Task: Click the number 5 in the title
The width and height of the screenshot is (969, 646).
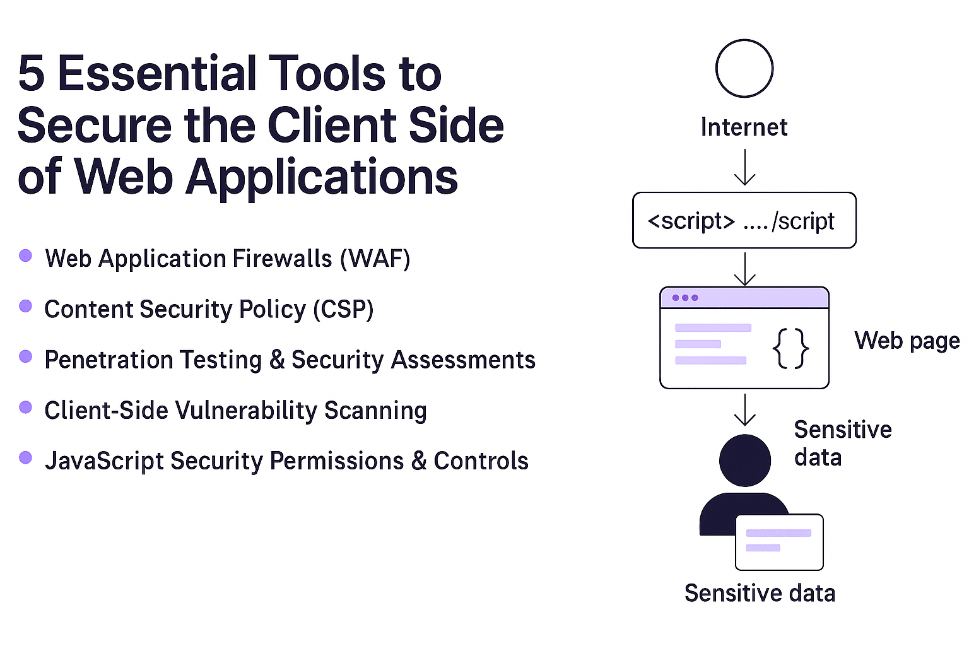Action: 32,74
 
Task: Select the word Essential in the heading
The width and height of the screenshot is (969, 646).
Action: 158,74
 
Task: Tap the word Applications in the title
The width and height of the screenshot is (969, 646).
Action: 322,177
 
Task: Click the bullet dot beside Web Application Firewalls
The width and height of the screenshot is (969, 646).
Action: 26,255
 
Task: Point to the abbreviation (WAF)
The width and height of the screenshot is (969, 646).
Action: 375,259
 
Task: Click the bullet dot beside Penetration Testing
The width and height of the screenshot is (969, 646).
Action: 26,356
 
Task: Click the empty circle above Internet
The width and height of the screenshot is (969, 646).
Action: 744,69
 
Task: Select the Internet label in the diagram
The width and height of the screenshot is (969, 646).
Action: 744,127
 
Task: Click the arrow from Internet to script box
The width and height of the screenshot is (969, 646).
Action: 745,168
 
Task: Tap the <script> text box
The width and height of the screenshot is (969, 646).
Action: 744,221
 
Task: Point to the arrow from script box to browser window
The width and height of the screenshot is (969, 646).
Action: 745,269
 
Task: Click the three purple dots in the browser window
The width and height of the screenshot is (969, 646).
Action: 685,298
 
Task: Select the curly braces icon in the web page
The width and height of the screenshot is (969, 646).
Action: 790,348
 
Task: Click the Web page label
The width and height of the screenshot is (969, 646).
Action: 907,341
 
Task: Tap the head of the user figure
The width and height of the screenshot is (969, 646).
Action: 745,461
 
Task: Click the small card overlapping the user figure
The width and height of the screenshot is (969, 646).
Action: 779,542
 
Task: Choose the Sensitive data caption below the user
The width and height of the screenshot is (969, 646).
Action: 760,594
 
